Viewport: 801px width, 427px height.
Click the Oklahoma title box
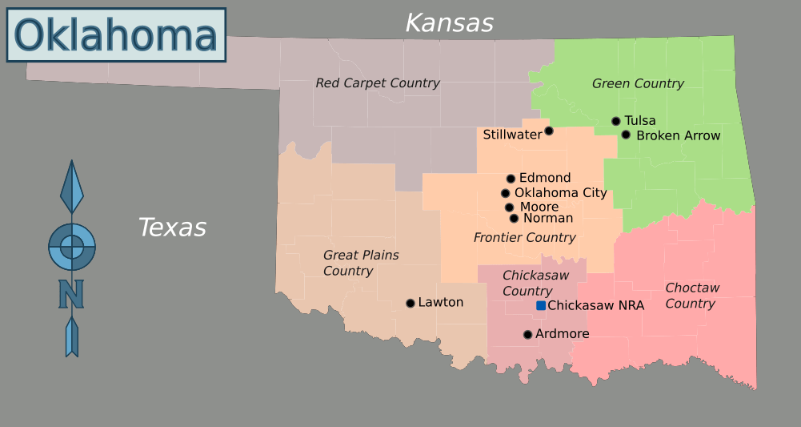pos(116,35)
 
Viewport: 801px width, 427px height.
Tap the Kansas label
pos(449,23)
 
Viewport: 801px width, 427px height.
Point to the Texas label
pos(172,228)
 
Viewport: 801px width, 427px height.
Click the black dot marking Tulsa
pos(616,121)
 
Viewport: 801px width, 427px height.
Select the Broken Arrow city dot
pos(626,135)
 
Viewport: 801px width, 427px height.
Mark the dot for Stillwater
pos(549,131)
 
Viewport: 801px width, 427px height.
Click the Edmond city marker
pos(511,179)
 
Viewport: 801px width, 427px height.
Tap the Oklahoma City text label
pos(560,193)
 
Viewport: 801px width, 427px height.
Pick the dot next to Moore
pos(509,207)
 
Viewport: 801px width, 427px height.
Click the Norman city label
pos(548,218)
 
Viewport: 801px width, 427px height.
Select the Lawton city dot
pos(411,303)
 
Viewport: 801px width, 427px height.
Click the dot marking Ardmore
pos(527,335)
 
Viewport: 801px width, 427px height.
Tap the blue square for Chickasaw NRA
pos(541,305)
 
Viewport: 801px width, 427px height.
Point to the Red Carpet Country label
pos(377,83)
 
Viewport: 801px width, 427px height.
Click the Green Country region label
pos(638,83)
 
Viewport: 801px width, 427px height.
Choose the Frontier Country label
pos(524,238)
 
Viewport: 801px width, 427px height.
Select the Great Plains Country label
pos(360,263)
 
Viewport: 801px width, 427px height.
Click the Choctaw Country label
pos(691,296)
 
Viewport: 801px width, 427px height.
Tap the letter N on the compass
pos(71,294)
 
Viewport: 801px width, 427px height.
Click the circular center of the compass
pos(72,247)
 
